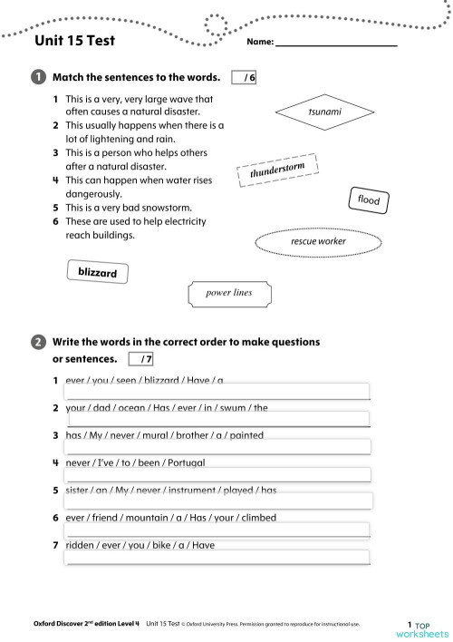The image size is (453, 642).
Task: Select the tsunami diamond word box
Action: [x=324, y=111]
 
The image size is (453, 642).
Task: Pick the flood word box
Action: [x=369, y=199]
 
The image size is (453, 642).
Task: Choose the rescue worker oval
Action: [x=318, y=242]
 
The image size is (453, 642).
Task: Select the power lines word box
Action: [x=229, y=293]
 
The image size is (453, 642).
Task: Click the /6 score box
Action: [x=245, y=78]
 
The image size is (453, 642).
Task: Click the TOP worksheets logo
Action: [x=421, y=628]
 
